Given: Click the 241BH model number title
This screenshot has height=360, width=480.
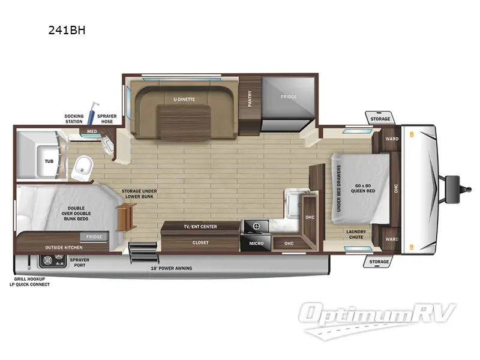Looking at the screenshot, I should pyautogui.click(x=67, y=30).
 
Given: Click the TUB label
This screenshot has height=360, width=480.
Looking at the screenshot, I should pyautogui.click(x=49, y=161).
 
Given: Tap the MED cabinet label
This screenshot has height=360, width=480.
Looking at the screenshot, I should pyautogui.click(x=92, y=131).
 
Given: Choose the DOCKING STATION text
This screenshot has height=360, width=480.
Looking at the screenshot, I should pyautogui.click(x=74, y=119).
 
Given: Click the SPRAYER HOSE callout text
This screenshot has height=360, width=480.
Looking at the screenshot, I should pyautogui.click(x=106, y=119).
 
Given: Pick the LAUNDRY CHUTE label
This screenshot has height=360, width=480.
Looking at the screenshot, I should pyautogui.click(x=357, y=233).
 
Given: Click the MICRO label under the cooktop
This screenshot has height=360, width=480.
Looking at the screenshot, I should pyautogui.click(x=256, y=243).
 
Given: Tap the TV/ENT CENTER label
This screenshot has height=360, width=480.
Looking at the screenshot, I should pyautogui.click(x=200, y=226).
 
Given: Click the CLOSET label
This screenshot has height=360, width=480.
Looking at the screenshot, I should pyautogui.click(x=200, y=242).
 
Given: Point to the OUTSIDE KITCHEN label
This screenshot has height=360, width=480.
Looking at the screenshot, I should pyautogui.click(x=64, y=247).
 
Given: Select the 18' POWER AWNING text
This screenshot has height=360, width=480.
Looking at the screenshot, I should pyautogui.click(x=172, y=268).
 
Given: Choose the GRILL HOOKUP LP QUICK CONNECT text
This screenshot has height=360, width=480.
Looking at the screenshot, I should pyautogui.click(x=32, y=282).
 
